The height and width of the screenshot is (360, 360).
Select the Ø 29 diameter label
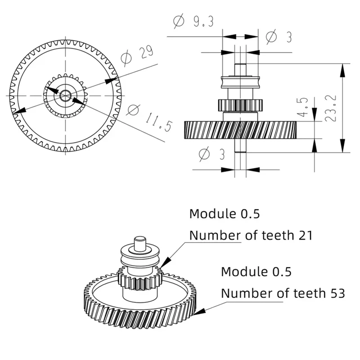pos(137,55)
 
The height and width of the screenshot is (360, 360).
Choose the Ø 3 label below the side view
pos(211,154)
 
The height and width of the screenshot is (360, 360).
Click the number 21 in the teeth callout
pos(302,235)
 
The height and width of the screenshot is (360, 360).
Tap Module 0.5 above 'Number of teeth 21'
pos(224,213)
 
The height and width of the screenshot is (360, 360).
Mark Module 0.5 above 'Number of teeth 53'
pos(256,271)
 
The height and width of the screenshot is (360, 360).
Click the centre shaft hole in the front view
pos(65,95)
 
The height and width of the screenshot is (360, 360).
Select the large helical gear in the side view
pos(240,130)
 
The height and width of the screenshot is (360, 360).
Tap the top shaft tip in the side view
pos(240,70)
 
